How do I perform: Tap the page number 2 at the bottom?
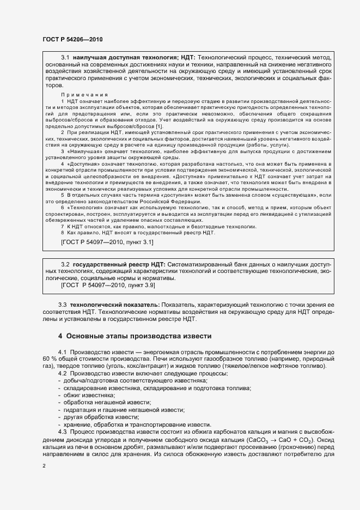pyautogui.click(x=44, y=466)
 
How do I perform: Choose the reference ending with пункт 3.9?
pyautogui.click(x=108, y=285)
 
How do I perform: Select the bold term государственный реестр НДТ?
pyautogui.click(x=117, y=264)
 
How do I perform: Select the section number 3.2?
pyautogui.click(x=65, y=264)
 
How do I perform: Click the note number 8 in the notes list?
pyautogui.click(x=63, y=233)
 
